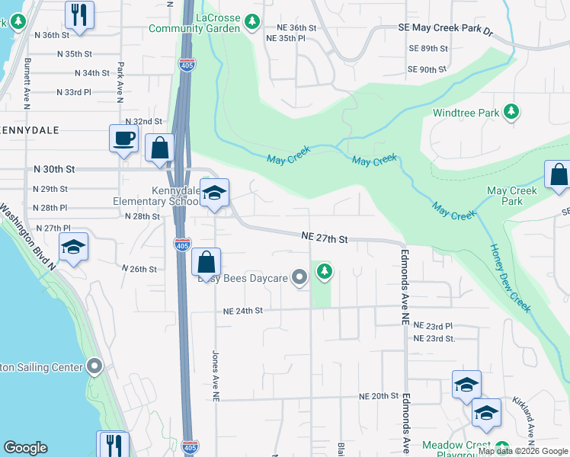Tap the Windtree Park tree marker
(x=512, y=113)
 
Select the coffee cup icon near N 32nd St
(x=124, y=139)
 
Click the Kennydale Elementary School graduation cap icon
(x=215, y=193)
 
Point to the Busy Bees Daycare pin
(x=300, y=278)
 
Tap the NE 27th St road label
(x=324, y=239)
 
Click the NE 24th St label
(x=242, y=311)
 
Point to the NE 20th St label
(x=379, y=396)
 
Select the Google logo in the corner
(x=25, y=448)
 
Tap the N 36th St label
(x=52, y=35)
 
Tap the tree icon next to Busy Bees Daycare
(x=325, y=271)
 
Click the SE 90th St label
(x=427, y=69)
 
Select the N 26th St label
(x=139, y=269)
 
